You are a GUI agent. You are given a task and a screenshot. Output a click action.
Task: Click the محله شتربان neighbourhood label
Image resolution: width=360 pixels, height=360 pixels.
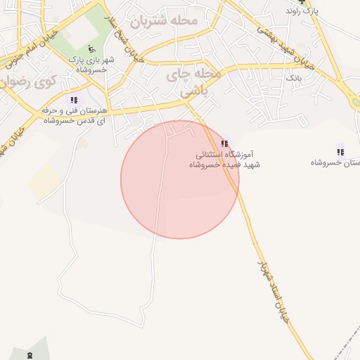[x=180, y=20]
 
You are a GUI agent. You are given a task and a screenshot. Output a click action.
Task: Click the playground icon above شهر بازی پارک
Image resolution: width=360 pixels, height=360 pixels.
[x=89, y=49]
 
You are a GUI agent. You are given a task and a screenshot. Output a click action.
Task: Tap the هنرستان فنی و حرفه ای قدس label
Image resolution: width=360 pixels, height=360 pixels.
[x=73, y=116]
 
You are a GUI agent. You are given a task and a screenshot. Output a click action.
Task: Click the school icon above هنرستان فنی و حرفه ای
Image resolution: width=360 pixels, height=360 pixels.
[x=74, y=101]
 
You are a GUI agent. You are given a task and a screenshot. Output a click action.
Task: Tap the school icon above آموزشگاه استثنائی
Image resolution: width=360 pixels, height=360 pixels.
[x=224, y=143]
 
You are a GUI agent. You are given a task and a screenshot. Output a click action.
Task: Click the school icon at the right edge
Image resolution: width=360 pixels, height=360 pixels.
[x=340, y=150]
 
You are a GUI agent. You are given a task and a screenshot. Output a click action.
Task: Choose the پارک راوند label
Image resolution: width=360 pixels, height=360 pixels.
[x=302, y=12]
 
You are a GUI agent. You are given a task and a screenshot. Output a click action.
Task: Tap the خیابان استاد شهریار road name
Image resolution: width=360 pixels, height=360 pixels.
[x=271, y=288]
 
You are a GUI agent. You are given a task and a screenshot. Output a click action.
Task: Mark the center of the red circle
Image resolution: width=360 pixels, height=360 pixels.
[x=180, y=179]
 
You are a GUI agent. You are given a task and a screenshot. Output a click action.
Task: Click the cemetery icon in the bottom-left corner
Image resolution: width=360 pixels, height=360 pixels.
[x=30, y=355]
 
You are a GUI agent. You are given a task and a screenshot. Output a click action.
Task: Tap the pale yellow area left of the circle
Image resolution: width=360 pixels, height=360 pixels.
[x=44, y=181]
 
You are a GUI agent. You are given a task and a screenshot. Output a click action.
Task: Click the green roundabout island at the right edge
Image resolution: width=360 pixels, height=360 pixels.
[x=356, y=102]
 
